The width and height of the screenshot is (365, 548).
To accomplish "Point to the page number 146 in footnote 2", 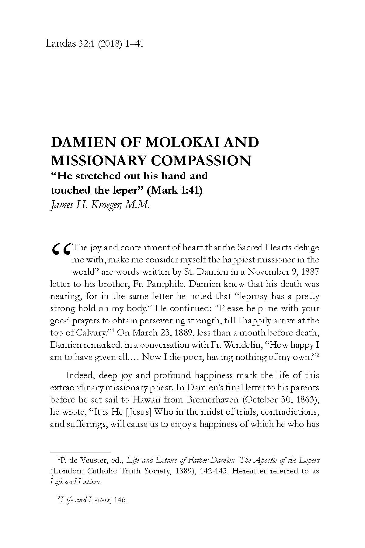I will [120, 500].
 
